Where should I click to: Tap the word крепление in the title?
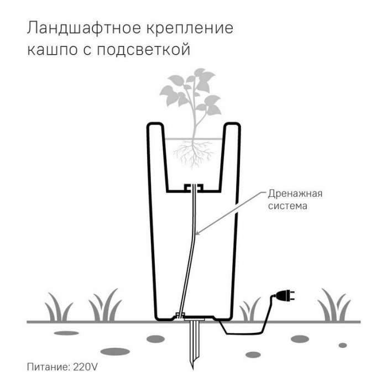(x=189, y=29)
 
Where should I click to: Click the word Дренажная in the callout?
(x=295, y=194)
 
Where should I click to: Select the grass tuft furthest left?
(x=59, y=307)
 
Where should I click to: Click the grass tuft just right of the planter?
(x=250, y=310)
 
